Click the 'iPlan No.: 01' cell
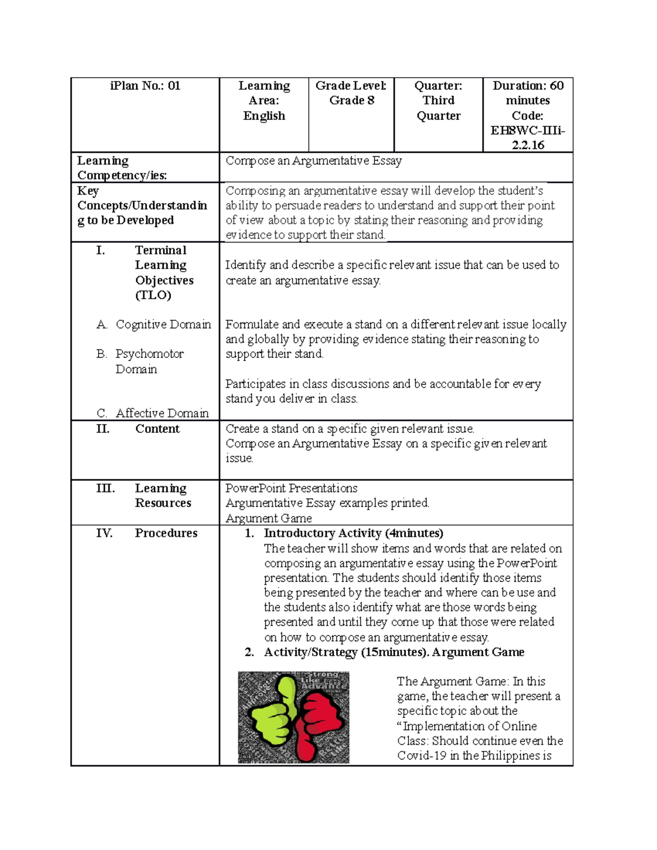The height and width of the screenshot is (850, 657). click(x=145, y=86)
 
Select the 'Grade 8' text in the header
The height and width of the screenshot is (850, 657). click(x=351, y=101)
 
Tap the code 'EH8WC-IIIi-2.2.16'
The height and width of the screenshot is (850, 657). click(x=528, y=137)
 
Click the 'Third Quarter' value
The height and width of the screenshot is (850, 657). click(x=438, y=108)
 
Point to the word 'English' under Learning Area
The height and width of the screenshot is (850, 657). click(x=264, y=116)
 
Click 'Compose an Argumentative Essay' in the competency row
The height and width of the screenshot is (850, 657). click(x=314, y=161)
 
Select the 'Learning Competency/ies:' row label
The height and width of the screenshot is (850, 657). click(x=122, y=167)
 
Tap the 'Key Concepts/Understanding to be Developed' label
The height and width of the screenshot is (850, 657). click(x=142, y=206)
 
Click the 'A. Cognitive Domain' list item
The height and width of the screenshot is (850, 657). click(x=154, y=325)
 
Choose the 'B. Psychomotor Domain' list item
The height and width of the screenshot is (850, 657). click(x=140, y=361)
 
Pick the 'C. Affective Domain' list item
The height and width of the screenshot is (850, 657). click(x=153, y=413)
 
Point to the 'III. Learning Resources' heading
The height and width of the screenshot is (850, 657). click(x=144, y=495)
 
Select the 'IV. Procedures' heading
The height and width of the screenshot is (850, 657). click(x=147, y=533)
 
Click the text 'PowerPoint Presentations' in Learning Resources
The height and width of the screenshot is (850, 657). click(x=291, y=488)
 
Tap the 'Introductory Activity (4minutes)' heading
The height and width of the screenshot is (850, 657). click(x=353, y=533)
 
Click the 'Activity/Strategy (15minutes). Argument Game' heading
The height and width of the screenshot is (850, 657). click(x=394, y=652)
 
